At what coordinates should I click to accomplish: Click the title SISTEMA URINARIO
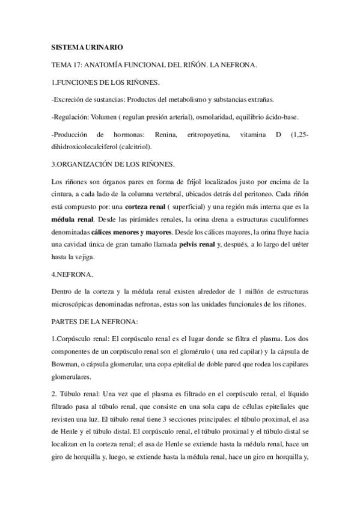tap(87, 48)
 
